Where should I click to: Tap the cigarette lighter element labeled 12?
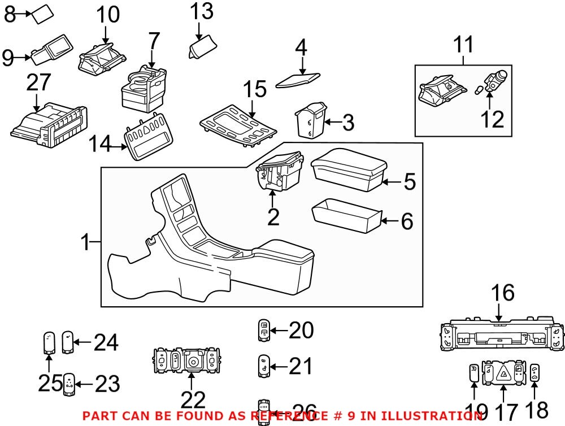[x=495, y=82]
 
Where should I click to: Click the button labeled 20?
[x=264, y=329]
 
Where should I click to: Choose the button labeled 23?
[x=69, y=384]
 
